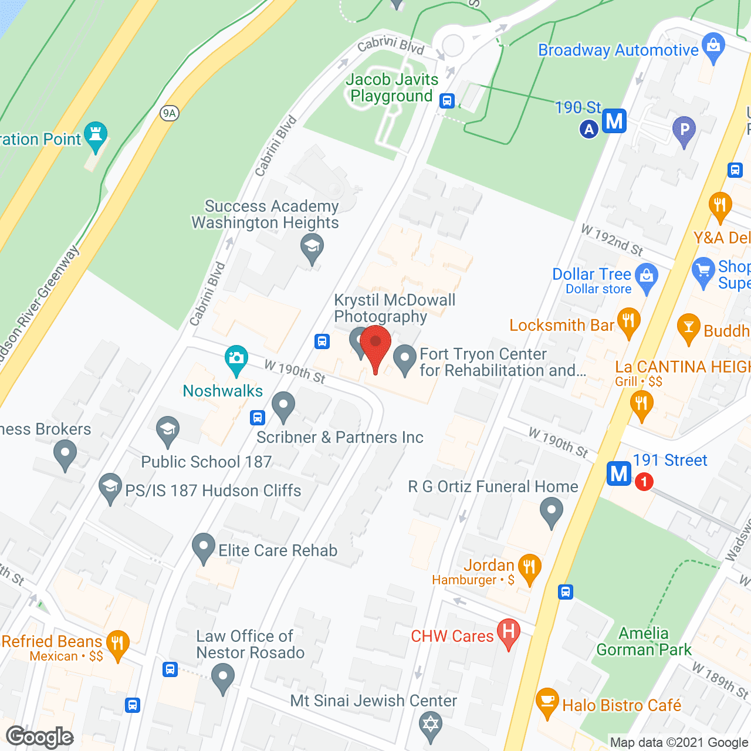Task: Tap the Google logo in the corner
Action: pyautogui.click(x=40, y=737)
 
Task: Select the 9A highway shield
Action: pyautogui.click(x=170, y=113)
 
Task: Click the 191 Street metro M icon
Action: pyautogui.click(x=619, y=473)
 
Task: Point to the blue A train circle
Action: pyautogui.click(x=589, y=129)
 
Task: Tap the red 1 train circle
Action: pyautogui.click(x=644, y=482)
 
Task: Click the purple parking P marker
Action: pyautogui.click(x=684, y=130)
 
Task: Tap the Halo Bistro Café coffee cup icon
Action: pyautogui.click(x=547, y=702)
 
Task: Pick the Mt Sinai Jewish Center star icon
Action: pyautogui.click(x=431, y=725)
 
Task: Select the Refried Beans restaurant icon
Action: pyautogui.click(x=117, y=644)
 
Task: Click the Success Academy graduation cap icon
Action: pyautogui.click(x=312, y=247)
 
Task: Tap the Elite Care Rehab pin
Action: pyautogui.click(x=203, y=547)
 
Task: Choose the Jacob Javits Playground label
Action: pyautogui.click(x=392, y=87)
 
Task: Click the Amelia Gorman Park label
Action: pyautogui.click(x=644, y=641)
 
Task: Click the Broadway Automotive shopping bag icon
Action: pyautogui.click(x=713, y=47)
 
